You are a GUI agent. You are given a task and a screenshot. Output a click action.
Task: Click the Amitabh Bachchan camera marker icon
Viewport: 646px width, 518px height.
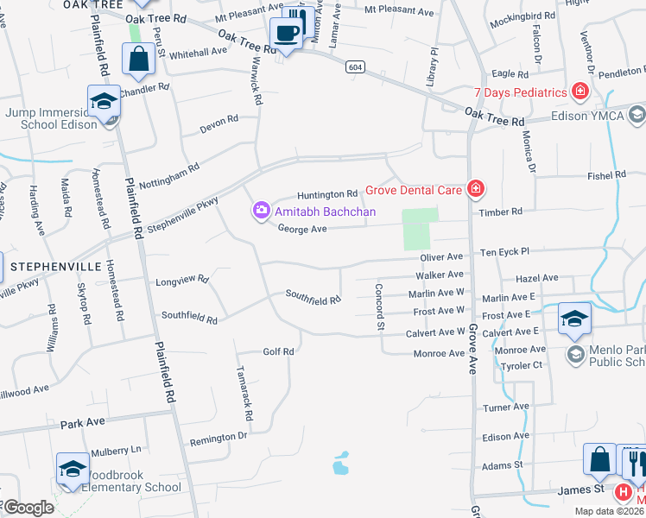pyautogui.click(x=262, y=211)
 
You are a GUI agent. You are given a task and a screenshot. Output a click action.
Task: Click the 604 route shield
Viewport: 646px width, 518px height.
pyautogui.click(x=354, y=66)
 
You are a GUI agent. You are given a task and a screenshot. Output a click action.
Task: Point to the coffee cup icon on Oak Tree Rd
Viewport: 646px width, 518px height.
pyautogui.click(x=285, y=35)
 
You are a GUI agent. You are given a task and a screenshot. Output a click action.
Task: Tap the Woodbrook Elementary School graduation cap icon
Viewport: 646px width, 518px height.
pyautogui.click(x=73, y=469)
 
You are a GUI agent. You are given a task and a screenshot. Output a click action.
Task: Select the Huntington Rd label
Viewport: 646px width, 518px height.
pyautogui.click(x=327, y=194)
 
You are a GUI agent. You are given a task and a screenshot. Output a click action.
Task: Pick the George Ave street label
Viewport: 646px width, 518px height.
pyautogui.click(x=302, y=229)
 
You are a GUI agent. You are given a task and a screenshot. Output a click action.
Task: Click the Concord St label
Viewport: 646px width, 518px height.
pyautogui.click(x=379, y=307)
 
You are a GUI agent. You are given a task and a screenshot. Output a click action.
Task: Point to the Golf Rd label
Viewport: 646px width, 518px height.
pyautogui.click(x=278, y=351)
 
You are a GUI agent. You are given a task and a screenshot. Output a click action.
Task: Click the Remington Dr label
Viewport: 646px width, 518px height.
pyautogui.click(x=218, y=437)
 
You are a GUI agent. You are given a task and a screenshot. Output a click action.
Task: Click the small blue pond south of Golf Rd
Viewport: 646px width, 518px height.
pyautogui.click(x=341, y=464)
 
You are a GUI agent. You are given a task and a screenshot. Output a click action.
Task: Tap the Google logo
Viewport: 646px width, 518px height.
pyautogui.click(x=28, y=508)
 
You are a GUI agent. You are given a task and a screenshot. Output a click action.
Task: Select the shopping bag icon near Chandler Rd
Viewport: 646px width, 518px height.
pyautogui.click(x=138, y=60)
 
